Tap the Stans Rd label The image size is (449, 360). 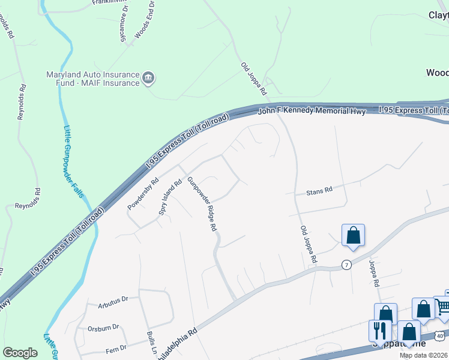(x=319, y=192)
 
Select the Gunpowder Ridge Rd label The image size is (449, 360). (x=201, y=204)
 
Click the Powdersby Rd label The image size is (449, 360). (x=143, y=193)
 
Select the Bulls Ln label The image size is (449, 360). (x=150, y=343)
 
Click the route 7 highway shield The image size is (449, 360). (x=346, y=265)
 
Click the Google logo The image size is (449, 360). (x=20, y=353)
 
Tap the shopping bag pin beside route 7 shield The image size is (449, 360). (x=353, y=235)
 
